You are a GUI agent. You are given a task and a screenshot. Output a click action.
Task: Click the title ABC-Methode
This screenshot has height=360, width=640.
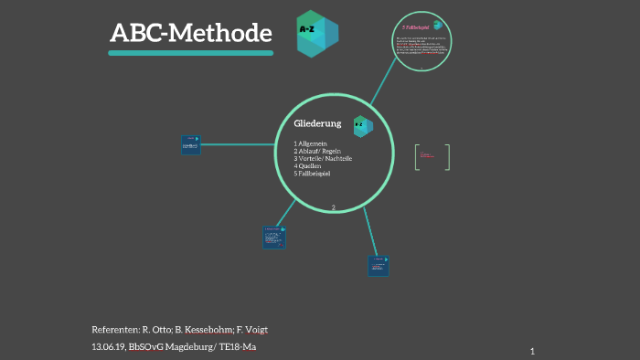tap(191, 34)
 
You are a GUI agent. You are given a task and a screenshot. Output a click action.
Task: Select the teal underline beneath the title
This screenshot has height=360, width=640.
tap(191, 53)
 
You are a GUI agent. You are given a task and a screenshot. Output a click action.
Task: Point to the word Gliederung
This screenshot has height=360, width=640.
tap(317, 123)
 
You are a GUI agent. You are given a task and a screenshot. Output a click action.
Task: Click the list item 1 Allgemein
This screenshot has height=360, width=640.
tap(310, 143)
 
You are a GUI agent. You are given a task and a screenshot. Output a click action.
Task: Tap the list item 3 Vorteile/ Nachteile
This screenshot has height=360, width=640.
tap(323, 158)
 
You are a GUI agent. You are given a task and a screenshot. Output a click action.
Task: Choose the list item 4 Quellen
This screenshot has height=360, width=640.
tap(307, 165)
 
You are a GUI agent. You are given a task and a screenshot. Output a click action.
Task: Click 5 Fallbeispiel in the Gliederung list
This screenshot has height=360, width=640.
tap(312, 173)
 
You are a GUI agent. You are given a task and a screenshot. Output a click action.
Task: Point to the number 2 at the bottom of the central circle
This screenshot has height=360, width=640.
tap(333, 208)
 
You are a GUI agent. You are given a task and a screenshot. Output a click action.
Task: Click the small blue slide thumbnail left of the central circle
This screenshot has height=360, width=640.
tap(191, 144)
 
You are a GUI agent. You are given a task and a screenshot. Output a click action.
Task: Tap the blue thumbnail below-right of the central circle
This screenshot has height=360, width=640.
tap(378, 266)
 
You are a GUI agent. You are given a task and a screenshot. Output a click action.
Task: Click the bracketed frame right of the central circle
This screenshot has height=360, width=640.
tap(432, 156)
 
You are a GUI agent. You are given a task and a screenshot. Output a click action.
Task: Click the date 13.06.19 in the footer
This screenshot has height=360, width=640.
tap(108, 347)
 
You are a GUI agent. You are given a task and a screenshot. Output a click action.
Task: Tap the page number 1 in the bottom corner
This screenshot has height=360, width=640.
tap(531, 351)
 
